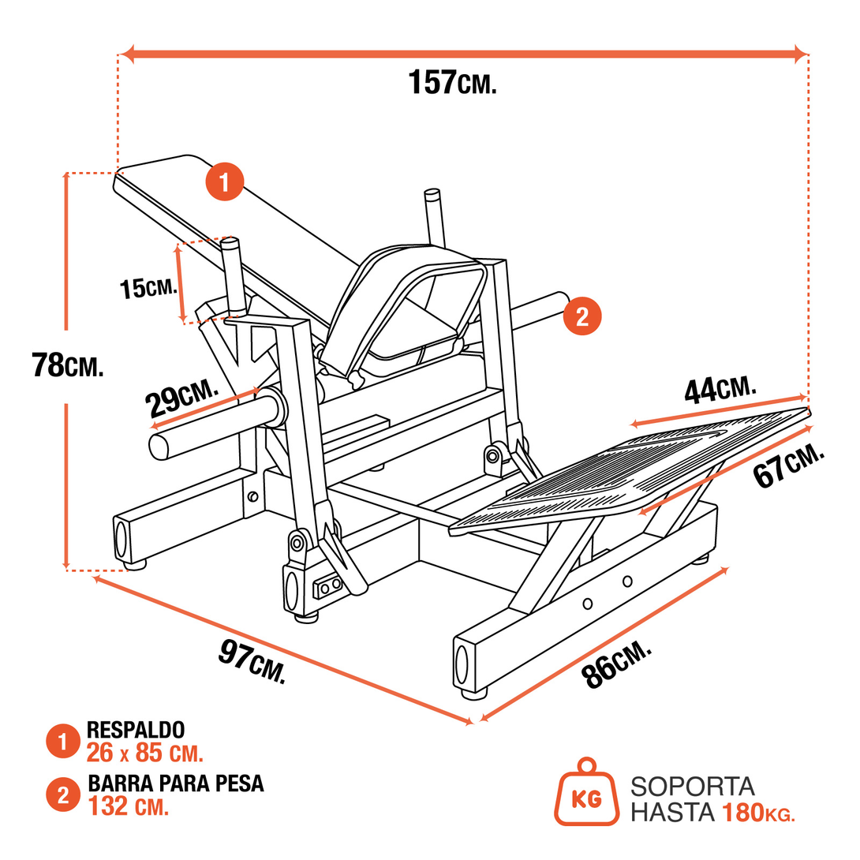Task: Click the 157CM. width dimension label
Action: tap(452, 83)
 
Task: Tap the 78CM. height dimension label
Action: tap(68, 365)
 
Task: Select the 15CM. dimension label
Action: tap(148, 288)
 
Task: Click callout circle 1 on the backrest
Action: tap(224, 183)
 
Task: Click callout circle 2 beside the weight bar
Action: tap(582, 316)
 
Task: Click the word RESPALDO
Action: tap(136, 729)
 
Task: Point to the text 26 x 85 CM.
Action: tap(145, 753)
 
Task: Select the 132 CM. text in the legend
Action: tap(129, 807)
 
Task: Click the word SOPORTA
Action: tap(692, 787)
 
